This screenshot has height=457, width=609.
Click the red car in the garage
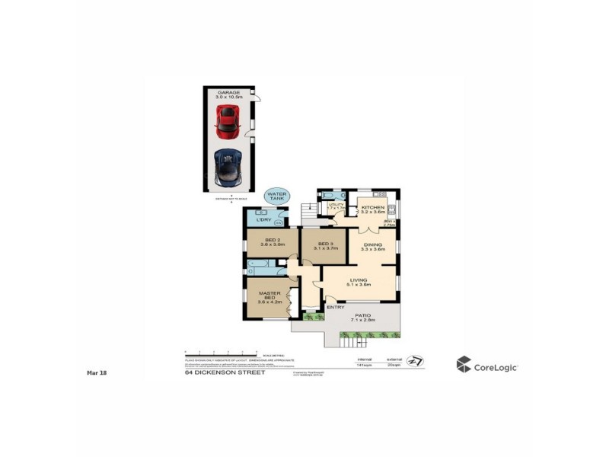[228, 120]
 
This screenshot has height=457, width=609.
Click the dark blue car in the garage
[228, 168]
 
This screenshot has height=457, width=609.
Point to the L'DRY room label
[264, 220]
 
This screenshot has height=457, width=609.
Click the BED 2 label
[271, 244]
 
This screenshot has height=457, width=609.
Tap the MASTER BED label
[270, 297]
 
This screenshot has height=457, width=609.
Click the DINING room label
[373, 246]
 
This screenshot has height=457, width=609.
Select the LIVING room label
[359, 283]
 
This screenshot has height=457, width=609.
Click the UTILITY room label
[336, 206]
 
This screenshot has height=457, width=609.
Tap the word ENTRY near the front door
[336, 308]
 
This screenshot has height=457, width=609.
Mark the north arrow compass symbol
[415, 361]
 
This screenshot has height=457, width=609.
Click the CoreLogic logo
[487, 366]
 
